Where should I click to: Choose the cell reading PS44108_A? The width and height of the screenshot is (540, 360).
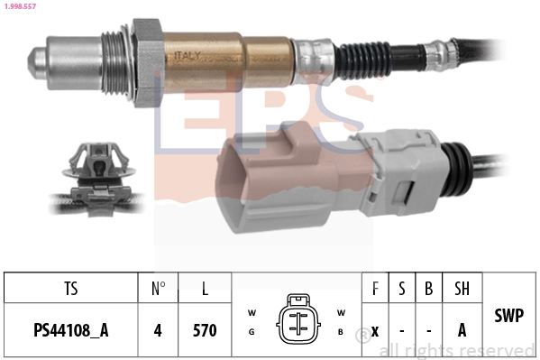pyautogui.click(x=71, y=330)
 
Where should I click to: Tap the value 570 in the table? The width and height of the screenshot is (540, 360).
pyautogui.click(x=205, y=330)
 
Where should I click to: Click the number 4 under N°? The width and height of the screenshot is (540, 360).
pyautogui.click(x=158, y=330)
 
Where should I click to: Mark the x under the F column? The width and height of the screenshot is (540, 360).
pyautogui.click(x=374, y=330)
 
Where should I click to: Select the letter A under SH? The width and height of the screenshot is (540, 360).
pyautogui.click(x=462, y=330)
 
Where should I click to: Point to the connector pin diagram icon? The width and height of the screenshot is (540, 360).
pyautogui.click(x=296, y=317)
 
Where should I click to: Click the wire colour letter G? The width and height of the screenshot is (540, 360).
pyautogui.click(x=252, y=331)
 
